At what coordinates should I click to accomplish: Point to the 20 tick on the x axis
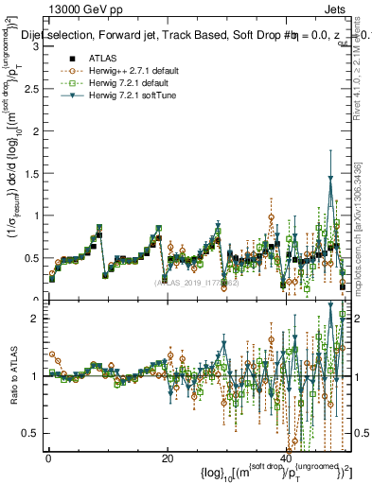(x=168, y=458)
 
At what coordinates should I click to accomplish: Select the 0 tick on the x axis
(x=47, y=458)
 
